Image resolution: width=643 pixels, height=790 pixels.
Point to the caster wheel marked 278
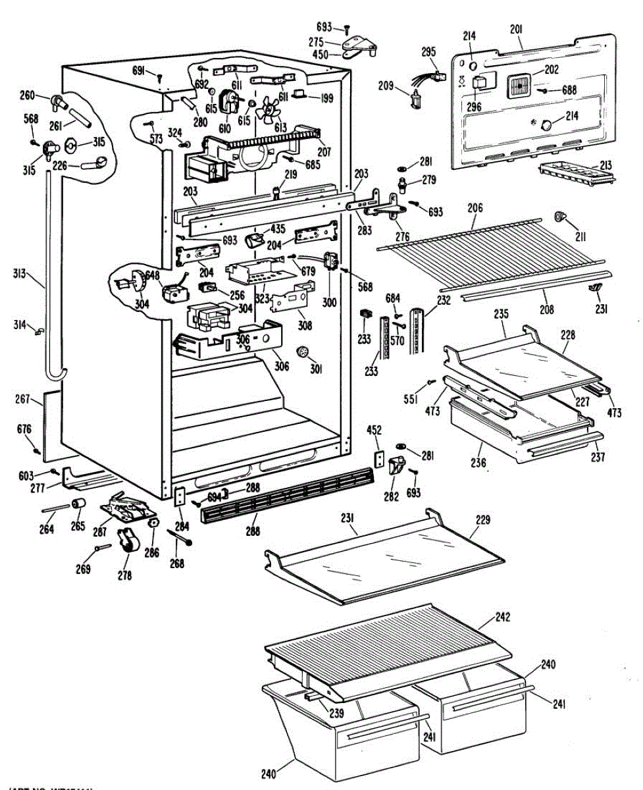tap(125, 542)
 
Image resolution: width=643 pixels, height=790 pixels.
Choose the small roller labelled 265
tap(80, 505)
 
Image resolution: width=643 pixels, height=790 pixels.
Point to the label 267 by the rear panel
tap(23, 398)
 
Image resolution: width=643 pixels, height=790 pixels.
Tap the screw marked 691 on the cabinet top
tap(159, 78)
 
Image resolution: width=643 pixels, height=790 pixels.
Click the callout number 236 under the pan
tap(478, 463)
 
